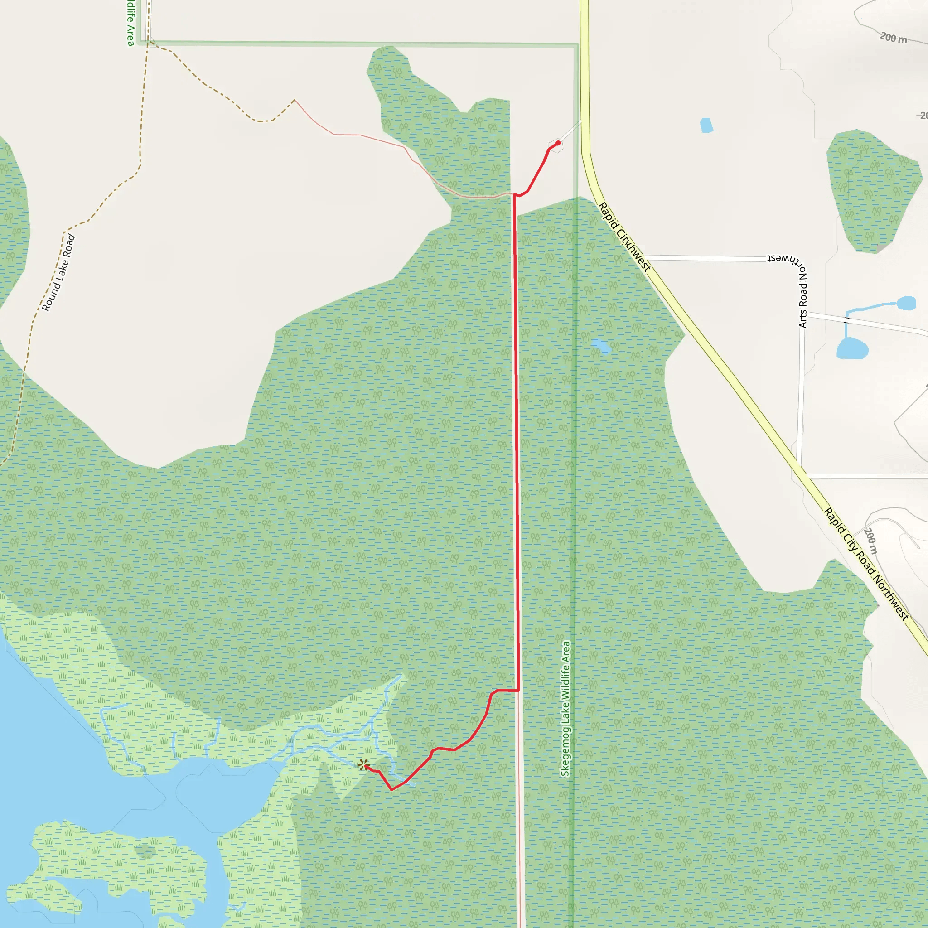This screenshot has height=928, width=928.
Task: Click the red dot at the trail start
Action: click(x=557, y=143)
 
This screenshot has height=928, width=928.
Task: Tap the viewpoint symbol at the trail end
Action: click(x=363, y=765)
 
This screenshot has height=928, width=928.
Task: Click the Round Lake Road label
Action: click(x=58, y=272)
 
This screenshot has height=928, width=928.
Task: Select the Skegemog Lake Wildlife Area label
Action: click(x=566, y=709)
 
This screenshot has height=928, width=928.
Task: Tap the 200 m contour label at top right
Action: click(x=894, y=38)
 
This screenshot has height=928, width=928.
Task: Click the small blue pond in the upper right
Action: click(x=706, y=125)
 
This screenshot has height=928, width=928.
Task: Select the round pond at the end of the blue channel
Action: click(x=906, y=303)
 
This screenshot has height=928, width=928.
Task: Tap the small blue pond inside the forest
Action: click(x=601, y=345)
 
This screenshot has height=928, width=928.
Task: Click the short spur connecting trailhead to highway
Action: click(x=570, y=130)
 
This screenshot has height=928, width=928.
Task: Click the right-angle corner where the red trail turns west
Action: click(x=518, y=690)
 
